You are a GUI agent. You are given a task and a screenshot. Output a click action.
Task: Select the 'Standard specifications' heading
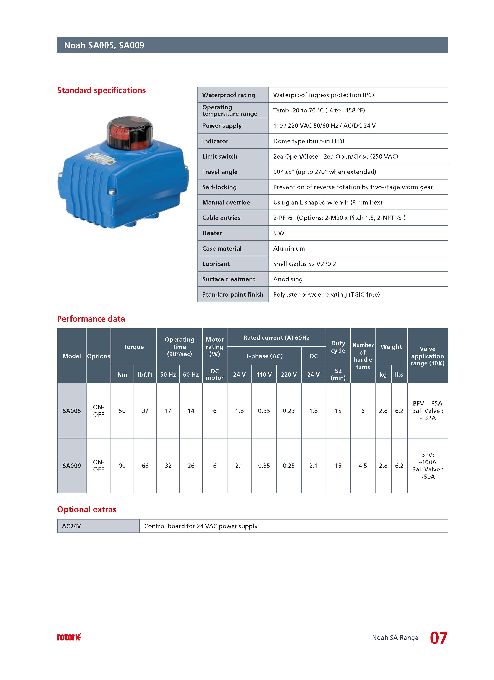(x=101, y=90)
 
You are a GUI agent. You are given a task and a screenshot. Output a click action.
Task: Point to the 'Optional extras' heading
(x=87, y=509)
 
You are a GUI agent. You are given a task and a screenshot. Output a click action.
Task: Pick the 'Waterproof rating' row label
(x=229, y=95)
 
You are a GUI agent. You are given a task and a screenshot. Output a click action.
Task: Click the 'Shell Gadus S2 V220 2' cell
(x=304, y=264)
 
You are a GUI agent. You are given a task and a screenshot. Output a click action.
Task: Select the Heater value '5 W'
(x=279, y=233)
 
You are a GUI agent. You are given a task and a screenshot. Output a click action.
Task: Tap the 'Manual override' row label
(x=226, y=202)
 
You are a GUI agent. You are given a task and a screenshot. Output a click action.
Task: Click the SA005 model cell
(x=72, y=411)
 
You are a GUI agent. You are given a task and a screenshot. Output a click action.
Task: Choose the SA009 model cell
(x=72, y=466)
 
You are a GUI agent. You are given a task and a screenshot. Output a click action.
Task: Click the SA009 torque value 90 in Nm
(x=122, y=466)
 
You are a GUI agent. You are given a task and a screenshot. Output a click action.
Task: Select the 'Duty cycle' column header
(x=338, y=347)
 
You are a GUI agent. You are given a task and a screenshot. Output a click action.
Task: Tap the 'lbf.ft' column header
(x=145, y=375)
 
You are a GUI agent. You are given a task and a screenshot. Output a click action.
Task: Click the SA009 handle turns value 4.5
(x=363, y=466)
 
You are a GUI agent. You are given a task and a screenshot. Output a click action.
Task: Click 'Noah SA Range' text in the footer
(x=395, y=638)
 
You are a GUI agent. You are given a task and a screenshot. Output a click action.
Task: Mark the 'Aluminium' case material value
(x=289, y=249)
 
